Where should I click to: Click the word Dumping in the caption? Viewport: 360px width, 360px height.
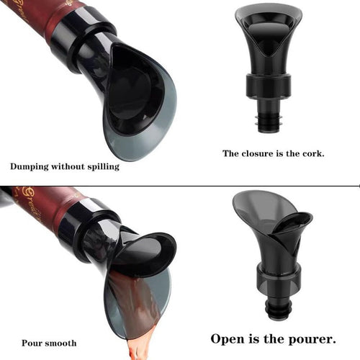pyautogui.click(x=30, y=166)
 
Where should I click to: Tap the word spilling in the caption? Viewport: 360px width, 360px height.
pyautogui.click(x=100, y=166)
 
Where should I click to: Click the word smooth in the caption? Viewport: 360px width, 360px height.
pyautogui.click(x=61, y=343)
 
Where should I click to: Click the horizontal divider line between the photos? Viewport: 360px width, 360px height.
pyautogui.click(x=180, y=185)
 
